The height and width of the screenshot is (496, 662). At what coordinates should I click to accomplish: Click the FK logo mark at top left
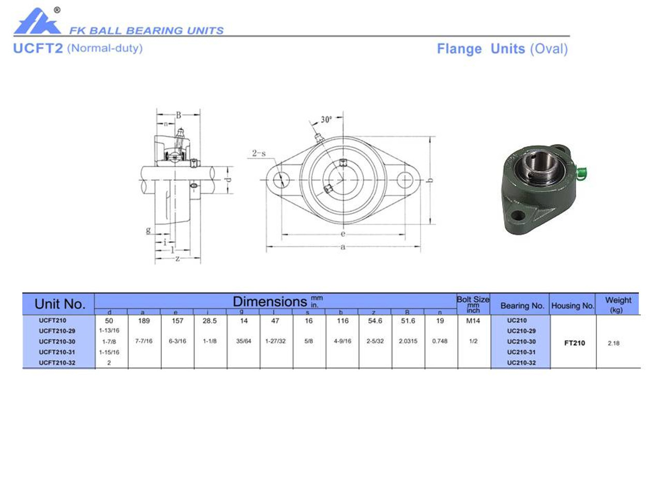[x=36, y=22]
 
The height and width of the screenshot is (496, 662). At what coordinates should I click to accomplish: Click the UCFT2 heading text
[x=38, y=49]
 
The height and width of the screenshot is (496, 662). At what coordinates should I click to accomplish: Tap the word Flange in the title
[x=459, y=49]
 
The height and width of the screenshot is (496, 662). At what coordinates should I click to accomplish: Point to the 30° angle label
[x=326, y=119]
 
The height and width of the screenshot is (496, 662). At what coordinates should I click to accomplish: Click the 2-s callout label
[x=259, y=153]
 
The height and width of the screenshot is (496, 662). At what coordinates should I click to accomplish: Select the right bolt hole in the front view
[x=405, y=179]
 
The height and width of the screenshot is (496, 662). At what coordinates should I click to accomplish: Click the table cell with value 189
[x=144, y=321]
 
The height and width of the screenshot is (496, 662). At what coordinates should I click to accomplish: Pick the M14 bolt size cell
[x=473, y=321]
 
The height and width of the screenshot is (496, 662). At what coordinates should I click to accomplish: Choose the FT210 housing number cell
[x=574, y=343]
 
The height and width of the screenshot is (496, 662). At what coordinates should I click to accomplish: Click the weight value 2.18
[x=613, y=343]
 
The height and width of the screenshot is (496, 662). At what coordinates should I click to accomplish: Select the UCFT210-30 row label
[x=57, y=342]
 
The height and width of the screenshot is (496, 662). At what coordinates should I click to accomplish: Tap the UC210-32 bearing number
[x=521, y=363]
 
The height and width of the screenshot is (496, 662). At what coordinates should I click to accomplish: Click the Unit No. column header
[x=59, y=304]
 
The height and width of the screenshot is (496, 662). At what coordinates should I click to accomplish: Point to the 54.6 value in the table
[x=375, y=321]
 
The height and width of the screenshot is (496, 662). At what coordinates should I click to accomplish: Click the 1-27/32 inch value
[x=275, y=341]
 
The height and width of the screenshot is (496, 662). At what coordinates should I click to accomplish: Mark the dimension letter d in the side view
[x=228, y=180]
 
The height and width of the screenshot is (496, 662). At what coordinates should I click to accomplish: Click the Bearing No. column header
[x=522, y=305]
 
